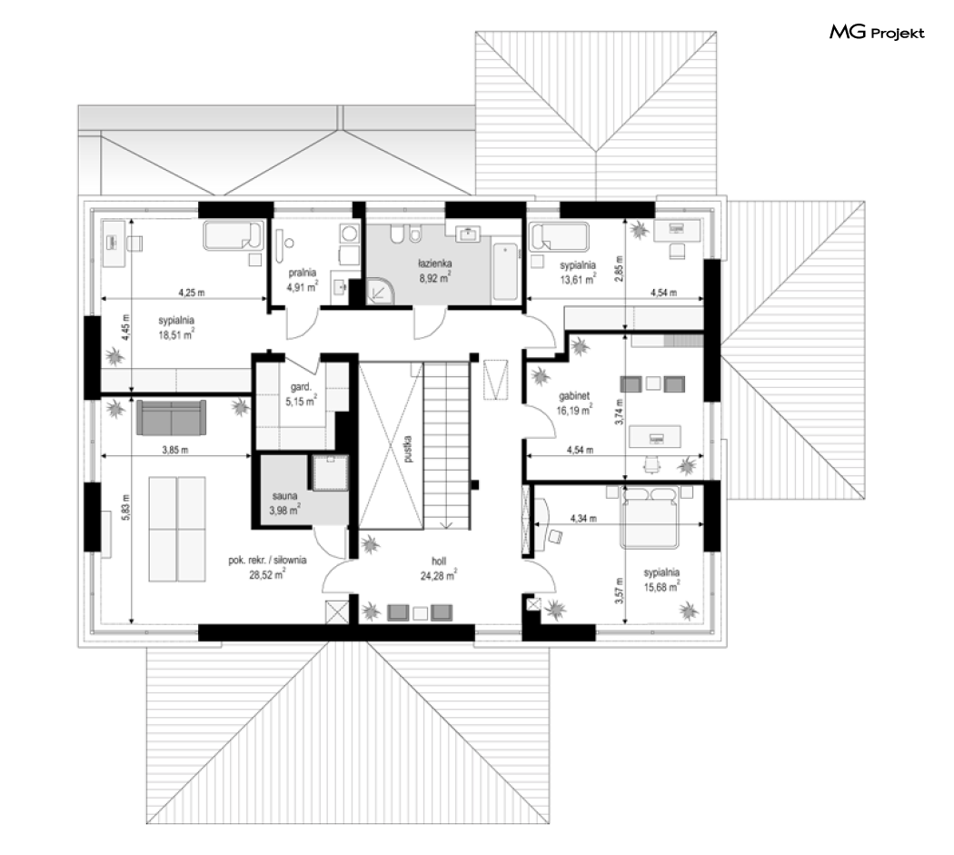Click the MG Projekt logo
click(x=877, y=32)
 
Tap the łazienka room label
click(x=434, y=263)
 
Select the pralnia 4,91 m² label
click(x=303, y=281)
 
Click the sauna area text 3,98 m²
click(x=284, y=511)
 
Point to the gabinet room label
click(x=573, y=395)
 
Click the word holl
click(x=439, y=562)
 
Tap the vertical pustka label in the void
click(x=408, y=449)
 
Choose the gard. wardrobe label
click(x=301, y=387)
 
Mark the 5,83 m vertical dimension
click(x=126, y=506)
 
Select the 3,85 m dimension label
click(x=175, y=450)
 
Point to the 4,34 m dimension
click(x=583, y=519)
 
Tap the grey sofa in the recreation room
click(x=172, y=417)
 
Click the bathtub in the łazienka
click(x=505, y=272)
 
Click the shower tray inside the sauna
click(x=330, y=472)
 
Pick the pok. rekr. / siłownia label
click(x=267, y=560)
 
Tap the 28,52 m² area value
click(x=267, y=574)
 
